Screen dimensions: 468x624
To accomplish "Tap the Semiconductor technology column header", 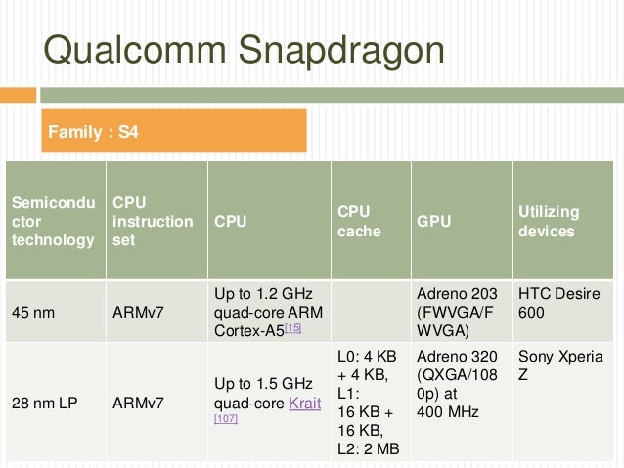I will coord(53,222).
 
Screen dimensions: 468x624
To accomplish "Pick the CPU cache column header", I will coord(360,222).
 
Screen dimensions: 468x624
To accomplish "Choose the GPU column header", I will coord(434,222).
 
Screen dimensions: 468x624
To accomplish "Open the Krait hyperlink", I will coord(305,403).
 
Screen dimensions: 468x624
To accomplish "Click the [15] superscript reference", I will coord(292,328).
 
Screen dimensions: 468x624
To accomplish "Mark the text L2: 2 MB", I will coord(369,448).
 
